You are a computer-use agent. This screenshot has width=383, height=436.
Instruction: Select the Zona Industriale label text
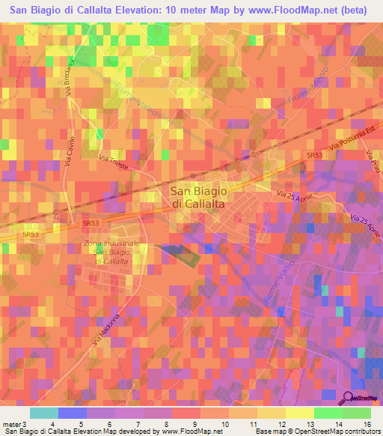(112, 244)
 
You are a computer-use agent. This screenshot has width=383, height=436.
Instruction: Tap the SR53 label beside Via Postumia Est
(314, 155)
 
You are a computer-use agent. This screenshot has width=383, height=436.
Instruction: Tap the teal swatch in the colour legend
(44, 413)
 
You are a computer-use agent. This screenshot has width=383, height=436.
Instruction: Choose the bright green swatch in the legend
(328, 413)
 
